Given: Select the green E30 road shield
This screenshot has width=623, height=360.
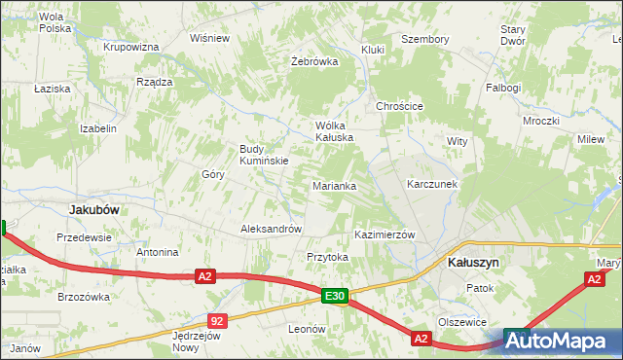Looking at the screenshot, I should point(335,295).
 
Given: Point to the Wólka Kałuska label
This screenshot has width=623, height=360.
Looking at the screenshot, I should point(332,131).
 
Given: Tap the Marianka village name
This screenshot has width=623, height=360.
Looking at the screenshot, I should point(334,185).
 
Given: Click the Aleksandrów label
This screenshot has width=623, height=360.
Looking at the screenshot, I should point(271,230).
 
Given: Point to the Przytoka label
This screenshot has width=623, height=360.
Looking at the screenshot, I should point(327,257).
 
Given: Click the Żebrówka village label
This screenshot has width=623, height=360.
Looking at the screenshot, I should point(314,60).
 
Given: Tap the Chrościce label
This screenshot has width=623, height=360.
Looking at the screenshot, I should point(399,106).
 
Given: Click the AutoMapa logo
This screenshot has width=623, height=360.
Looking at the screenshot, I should point(561,342).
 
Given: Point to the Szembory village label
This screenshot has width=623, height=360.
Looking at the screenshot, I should point(425,39).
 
